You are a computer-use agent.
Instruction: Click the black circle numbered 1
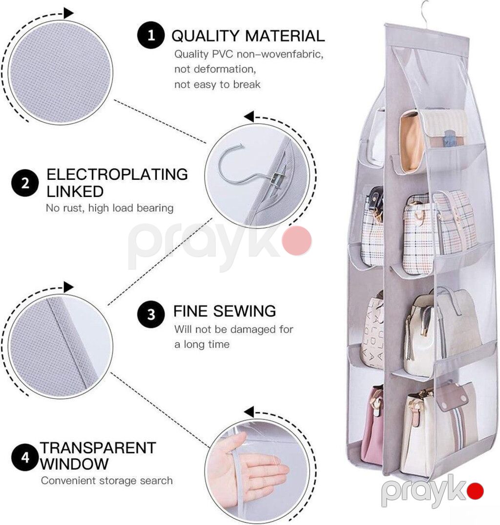click(151, 35)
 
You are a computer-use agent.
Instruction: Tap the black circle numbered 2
click(25, 183)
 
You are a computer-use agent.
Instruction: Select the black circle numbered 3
click(151, 314)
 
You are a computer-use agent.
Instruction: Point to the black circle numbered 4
click(25, 457)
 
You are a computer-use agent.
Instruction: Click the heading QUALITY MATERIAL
click(248, 36)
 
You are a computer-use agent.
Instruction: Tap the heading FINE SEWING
click(224, 311)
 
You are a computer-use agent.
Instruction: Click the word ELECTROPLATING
click(117, 174)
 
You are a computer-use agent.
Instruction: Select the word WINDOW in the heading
click(74, 464)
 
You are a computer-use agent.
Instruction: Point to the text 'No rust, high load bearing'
click(110, 208)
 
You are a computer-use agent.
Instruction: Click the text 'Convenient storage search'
click(106, 481)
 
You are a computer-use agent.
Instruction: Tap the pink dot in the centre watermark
click(297, 240)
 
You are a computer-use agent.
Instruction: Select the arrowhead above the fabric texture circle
click(68, 13)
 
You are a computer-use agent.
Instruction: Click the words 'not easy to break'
click(217, 84)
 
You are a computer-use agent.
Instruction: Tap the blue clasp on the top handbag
click(449, 138)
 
